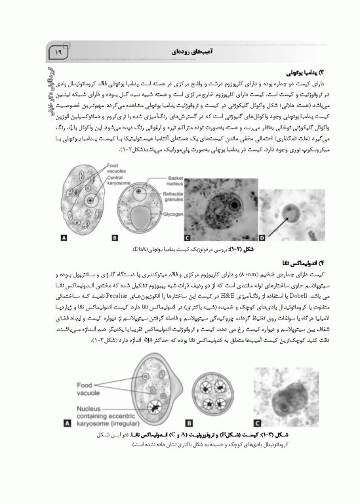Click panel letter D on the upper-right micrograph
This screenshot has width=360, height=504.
(262, 240)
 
